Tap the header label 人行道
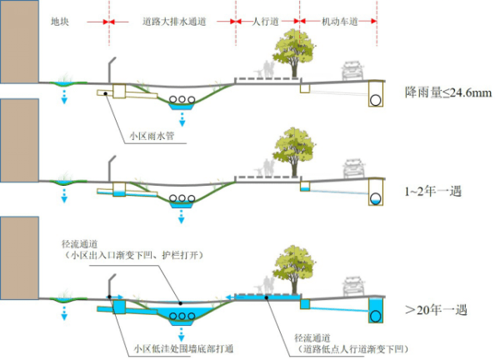click(264, 19)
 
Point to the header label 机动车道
click(337, 19)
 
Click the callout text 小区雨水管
click(151, 134)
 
